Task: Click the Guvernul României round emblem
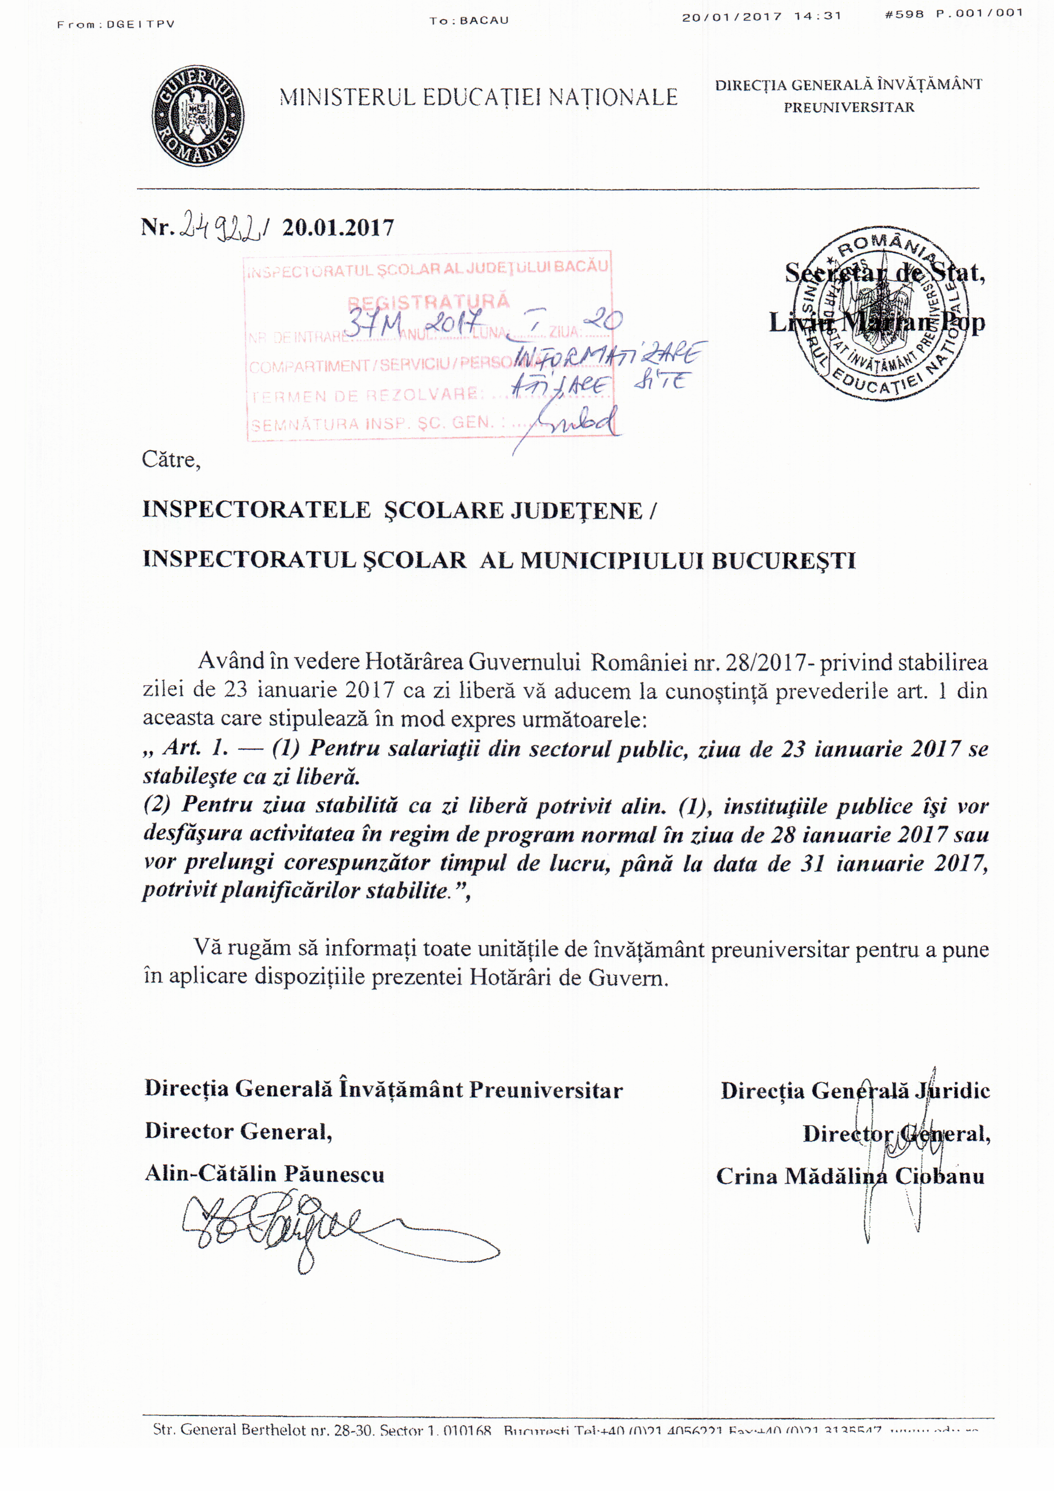[x=198, y=115]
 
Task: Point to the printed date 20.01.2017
[x=338, y=228]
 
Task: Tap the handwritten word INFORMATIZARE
[x=607, y=356]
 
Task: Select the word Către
[x=171, y=460]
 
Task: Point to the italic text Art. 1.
[x=195, y=748]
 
